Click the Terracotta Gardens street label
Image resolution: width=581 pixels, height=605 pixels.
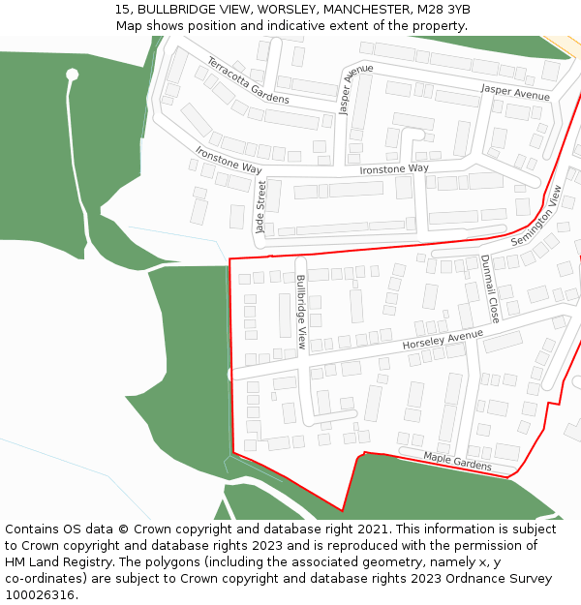click(x=248, y=81)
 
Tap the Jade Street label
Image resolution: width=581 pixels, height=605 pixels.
click(x=260, y=207)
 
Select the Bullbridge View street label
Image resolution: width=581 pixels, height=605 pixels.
click(x=302, y=313)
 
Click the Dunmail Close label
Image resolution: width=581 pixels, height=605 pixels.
click(x=490, y=288)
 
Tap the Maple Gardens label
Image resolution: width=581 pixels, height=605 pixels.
click(x=457, y=462)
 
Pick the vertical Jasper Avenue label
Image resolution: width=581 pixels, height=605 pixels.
click(x=355, y=90)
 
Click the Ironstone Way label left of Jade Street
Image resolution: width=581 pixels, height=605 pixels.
click(x=229, y=161)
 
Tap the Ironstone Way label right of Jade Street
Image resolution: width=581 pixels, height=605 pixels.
click(x=394, y=169)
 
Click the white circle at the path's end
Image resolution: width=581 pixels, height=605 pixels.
click(x=72, y=75)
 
